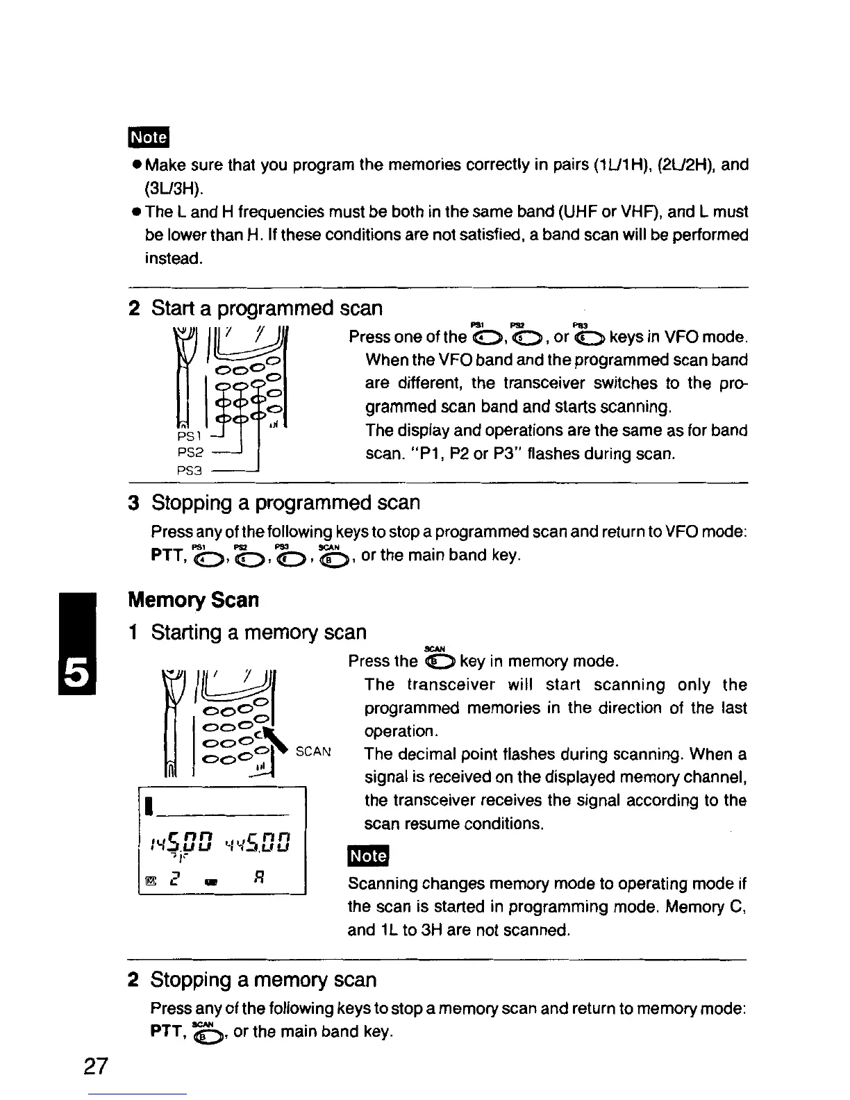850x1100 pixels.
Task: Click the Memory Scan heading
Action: (194, 599)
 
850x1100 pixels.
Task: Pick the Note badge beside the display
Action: (369, 856)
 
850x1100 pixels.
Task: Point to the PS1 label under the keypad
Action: (189, 435)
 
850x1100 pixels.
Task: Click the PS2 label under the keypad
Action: (189, 452)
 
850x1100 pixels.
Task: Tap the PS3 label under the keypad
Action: (189, 470)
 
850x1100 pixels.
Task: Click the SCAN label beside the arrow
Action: (313, 752)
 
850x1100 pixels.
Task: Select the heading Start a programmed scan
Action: (267, 308)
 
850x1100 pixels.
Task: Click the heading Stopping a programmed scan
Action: (285, 502)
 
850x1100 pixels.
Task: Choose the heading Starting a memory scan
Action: (258, 632)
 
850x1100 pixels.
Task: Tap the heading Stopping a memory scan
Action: (263, 980)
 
